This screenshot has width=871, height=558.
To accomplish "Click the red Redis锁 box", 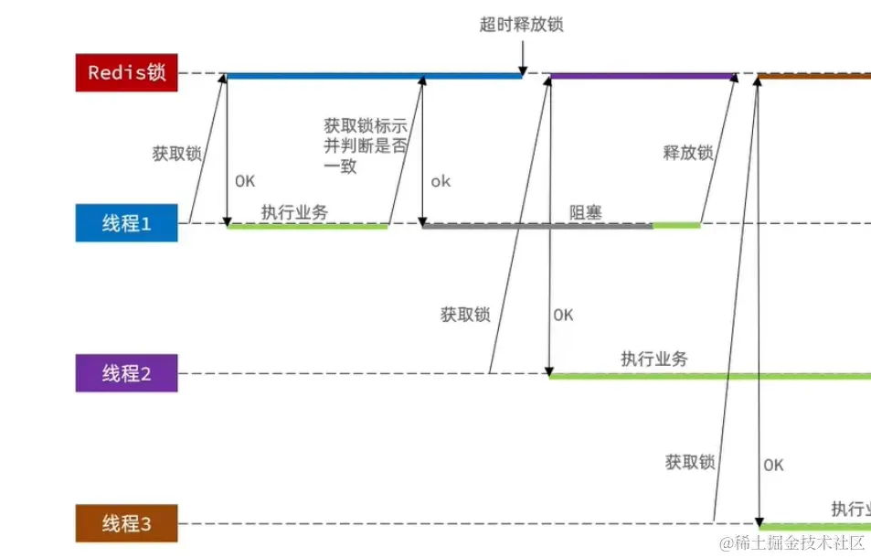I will (x=126, y=73).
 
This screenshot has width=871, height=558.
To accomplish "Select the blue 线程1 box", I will (x=126, y=223).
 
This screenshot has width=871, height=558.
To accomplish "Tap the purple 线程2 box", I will (x=126, y=373).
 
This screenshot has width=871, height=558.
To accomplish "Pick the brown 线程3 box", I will (x=126, y=524).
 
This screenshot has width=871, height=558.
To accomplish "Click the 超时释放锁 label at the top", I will (x=521, y=25).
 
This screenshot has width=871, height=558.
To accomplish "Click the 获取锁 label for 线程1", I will (x=176, y=154).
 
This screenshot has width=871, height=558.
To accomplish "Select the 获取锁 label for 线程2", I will (x=465, y=315).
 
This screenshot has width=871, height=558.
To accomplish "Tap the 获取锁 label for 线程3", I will (x=690, y=463).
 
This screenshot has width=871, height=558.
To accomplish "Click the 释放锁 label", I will (x=687, y=154).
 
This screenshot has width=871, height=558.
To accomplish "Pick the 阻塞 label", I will (x=586, y=212).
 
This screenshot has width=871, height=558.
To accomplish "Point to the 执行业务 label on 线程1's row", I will (x=294, y=212).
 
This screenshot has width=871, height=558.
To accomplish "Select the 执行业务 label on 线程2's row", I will (x=654, y=359).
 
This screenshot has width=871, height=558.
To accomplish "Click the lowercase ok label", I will (x=441, y=181).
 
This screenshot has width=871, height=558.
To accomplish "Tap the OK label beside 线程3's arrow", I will (x=773, y=465).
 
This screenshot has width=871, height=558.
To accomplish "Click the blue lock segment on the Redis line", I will (x=373, y=76).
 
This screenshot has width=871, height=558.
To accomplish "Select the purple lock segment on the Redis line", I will (x=643, y=76).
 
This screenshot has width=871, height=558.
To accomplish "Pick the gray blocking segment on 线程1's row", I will (x=536, y=226).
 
